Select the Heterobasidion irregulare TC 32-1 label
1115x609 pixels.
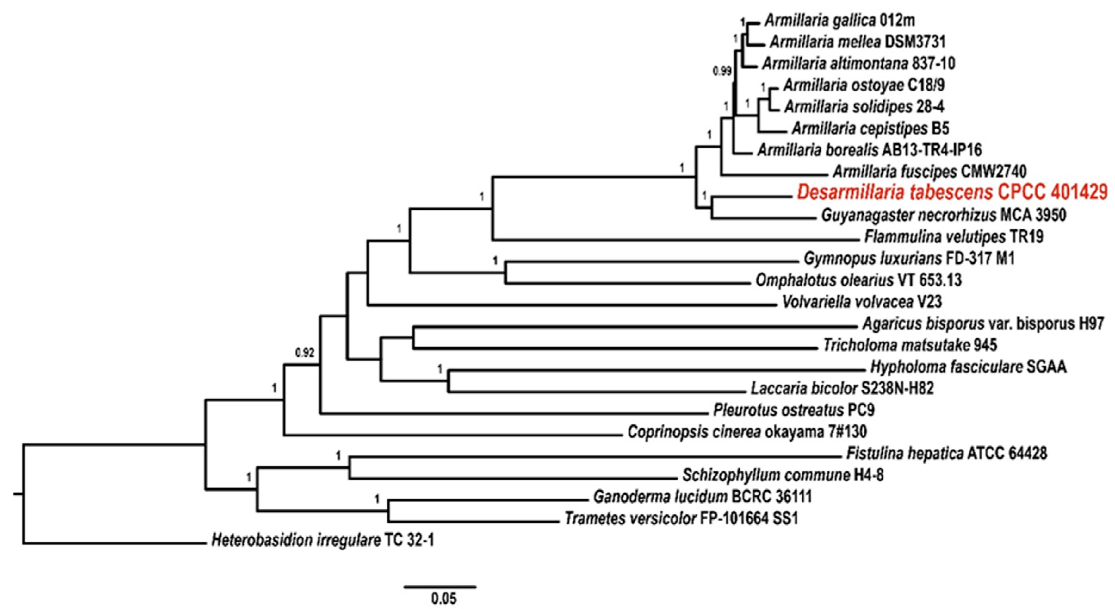tap(322, 540)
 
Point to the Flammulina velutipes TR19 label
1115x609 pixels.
tap(954, 236)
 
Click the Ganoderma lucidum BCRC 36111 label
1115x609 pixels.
tap(703, 496)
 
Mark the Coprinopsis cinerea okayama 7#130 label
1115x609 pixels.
tap(747, 431)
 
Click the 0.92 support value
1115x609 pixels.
tap(304, 353)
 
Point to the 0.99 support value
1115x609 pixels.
tap(722, 71)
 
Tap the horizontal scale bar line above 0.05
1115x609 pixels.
tap(440, 587)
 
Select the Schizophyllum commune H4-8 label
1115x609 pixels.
tap(783, 475)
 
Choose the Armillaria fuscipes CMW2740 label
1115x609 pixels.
tap(930, 172)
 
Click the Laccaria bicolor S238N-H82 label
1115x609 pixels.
tap(842, 388)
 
